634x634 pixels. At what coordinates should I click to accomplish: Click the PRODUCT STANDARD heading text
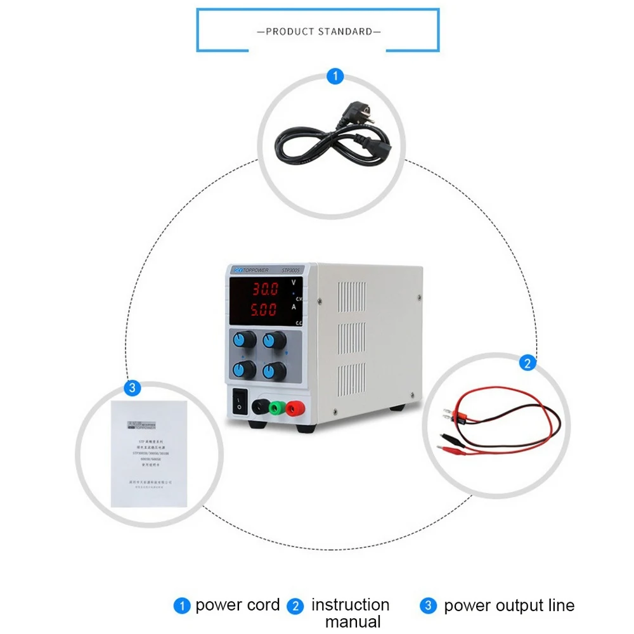pos(319,31)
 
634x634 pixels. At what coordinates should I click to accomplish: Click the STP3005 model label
pos(292,270)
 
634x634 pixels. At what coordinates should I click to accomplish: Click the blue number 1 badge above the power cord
pos(335,77)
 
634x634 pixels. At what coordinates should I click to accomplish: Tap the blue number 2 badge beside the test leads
pos(527,364)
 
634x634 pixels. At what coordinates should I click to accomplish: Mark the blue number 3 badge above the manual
pos(132,387)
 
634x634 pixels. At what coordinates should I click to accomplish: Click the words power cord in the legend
pos(237,605)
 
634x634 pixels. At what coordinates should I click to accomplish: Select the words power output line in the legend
pos(509,605)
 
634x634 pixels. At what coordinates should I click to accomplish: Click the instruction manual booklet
pos(150,453)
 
